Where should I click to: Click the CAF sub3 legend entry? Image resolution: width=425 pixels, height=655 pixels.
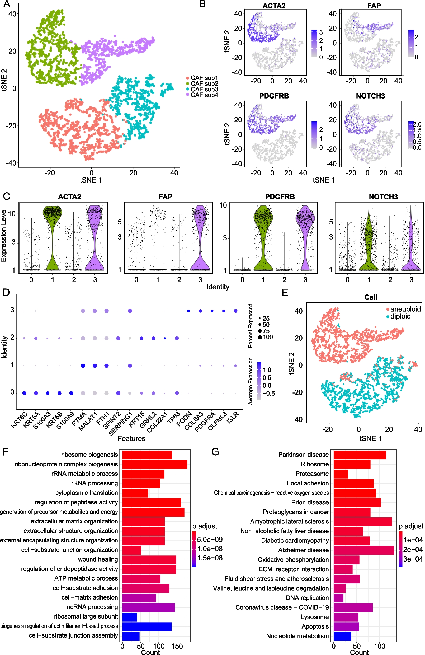(x=202, y=89)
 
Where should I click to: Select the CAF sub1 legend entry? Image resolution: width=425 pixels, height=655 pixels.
(x=202, y=78)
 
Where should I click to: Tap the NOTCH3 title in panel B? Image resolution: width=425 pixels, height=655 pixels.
(x=370, y=96)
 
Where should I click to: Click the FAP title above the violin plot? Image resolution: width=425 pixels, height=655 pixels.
(x=165, y=197)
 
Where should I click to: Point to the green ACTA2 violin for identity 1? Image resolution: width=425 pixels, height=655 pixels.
(x=53, y=238)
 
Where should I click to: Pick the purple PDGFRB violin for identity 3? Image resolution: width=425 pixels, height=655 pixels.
(x=305, y=238)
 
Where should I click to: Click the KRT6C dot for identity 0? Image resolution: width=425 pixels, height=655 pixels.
(x=24, y=393)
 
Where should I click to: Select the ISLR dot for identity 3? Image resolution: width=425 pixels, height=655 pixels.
(x=235, y=311)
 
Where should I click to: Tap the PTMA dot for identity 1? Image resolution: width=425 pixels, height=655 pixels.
(x=83, y=366)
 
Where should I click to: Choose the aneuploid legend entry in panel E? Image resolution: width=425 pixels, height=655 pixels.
(x=404, y=309)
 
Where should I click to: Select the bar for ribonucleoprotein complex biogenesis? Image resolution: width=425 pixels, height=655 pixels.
(x=155, y=464)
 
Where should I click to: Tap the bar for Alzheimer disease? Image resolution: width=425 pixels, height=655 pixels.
(x=364, y=550)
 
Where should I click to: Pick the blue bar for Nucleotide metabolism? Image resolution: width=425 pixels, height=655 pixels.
(x=342, y=636)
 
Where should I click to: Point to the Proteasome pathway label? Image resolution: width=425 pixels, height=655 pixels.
(x=312, y=474)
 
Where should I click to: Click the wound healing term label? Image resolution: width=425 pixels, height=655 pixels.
(x=98, y=559)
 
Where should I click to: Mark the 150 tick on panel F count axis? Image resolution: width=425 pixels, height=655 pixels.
(x=177, y=646)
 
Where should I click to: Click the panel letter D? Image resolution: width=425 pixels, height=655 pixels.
(x=6, y=292)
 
